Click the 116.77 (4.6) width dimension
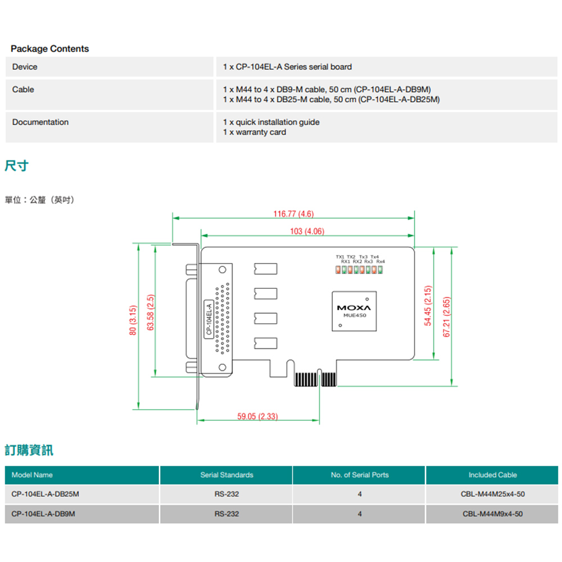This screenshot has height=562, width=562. pyautogui.click(x=293, y=214)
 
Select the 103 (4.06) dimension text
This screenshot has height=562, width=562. pyautogui.click(x=307, y=232)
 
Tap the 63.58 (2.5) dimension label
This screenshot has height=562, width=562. pyautogui.click(x=150, y=312)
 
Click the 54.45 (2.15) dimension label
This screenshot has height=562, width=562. pyautogui.click(x=428, y=306)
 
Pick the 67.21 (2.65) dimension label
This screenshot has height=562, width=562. pyautogui.click(x=446, y=317)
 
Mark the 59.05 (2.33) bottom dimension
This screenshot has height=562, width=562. pyautogui.click(x=257, y=416)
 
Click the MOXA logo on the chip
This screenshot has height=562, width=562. pyautogui.click(x=354, y=308)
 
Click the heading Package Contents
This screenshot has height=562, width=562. pyautogui.click(x=49, y=49)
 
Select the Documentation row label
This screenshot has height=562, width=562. pyautogui.click(x=40, y=122)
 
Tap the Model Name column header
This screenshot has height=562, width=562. pyautogui.click(x=32, y=475)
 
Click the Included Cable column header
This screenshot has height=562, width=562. pyautogui.click(x=492, y=475)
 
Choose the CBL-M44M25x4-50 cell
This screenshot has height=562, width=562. pyautogui.click(x=492, y=495)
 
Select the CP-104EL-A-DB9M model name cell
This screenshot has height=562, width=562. pyautogui.click(x=43, y=514)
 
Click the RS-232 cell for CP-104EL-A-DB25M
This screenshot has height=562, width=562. pyautogui.click(x=226, y=495)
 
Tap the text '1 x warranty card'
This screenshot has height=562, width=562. pyautogui.click(x=255, y=132)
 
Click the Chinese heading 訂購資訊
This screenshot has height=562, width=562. pyautogui.click(x=29, y=450)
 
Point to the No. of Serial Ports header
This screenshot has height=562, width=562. pyautogui.click(x=359, y=475)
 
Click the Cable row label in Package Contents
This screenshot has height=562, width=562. pyautogui.click(x=23, y=89)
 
